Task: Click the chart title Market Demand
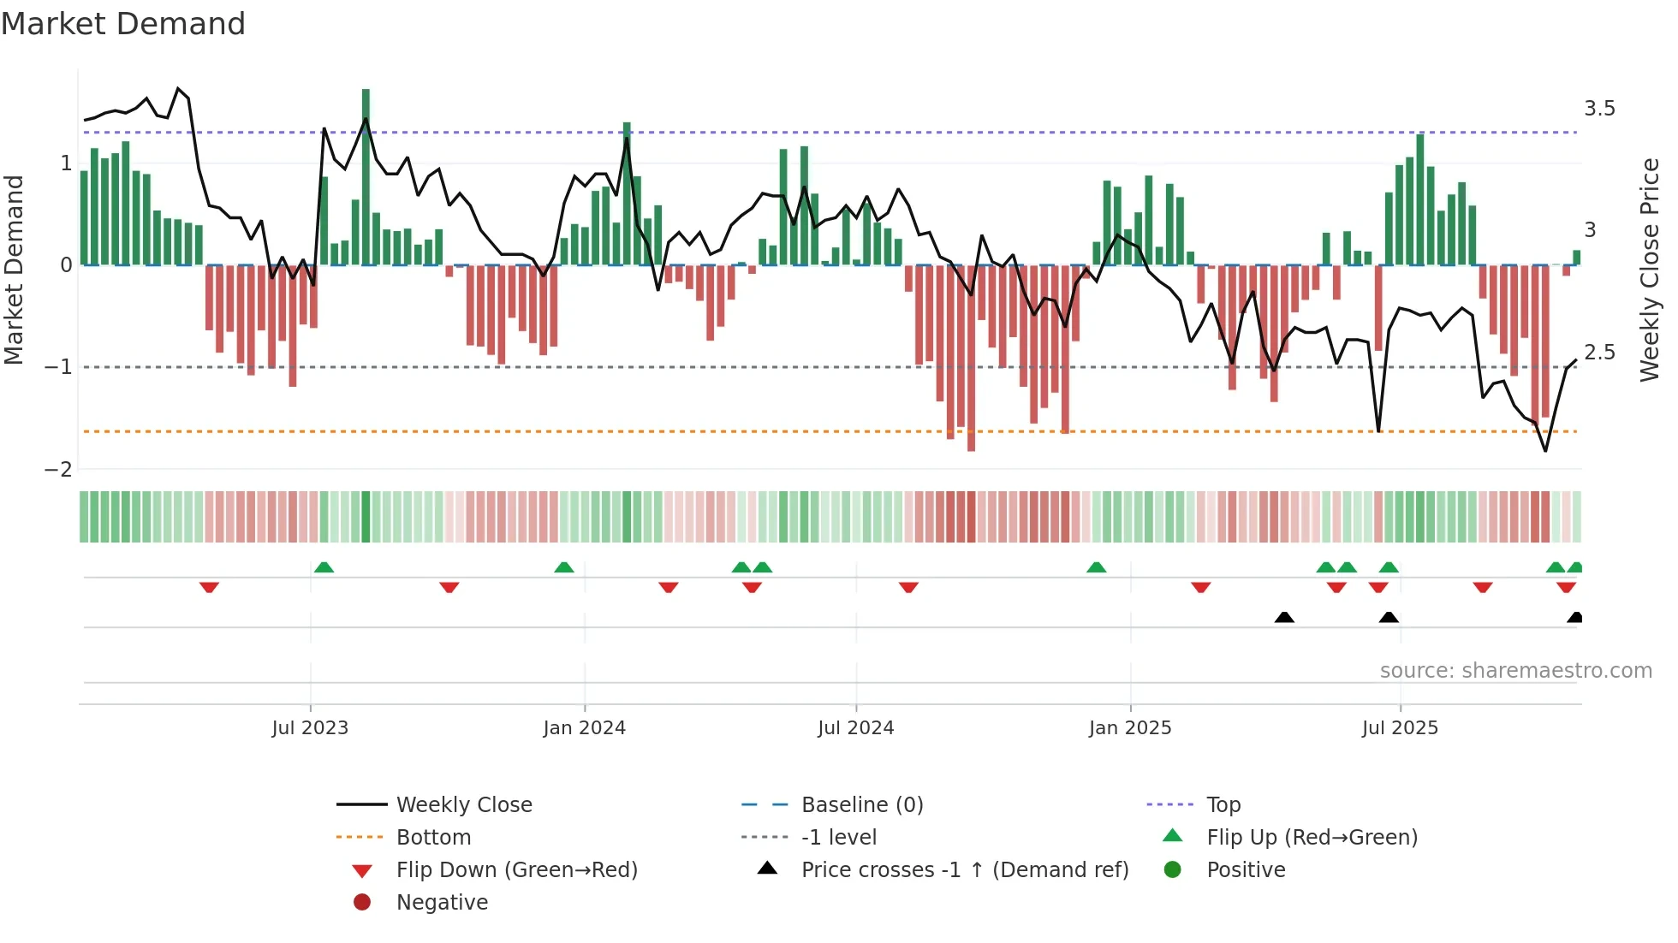pyautogui.click(x=123, y=24)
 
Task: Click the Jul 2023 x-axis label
pyautogui.click(x=310, y=728)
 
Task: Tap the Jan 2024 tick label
pyautogui.click(x=584, y=728)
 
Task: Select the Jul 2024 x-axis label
pyautogui.click(x=855, y=728)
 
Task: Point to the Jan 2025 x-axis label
pyautogui.click(x=1129, y=728)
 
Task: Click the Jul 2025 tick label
pyautogui.click(x=1400, y=728)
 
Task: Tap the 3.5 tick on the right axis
pyautogui.click(x=1599, y=109)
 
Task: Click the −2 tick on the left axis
pyautogui.click(x=59, y=469)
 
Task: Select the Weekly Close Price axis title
pyautogui.click(x=1649, y=270)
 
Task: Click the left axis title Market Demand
pyautogui.click(x=15, y=270)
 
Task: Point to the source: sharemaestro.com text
pyautogui.click(x=1515, y=671)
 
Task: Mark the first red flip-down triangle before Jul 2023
pyautogui.click(x=209, y=587)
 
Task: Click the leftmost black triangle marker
pyautogui.click(x=1284, y=618)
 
